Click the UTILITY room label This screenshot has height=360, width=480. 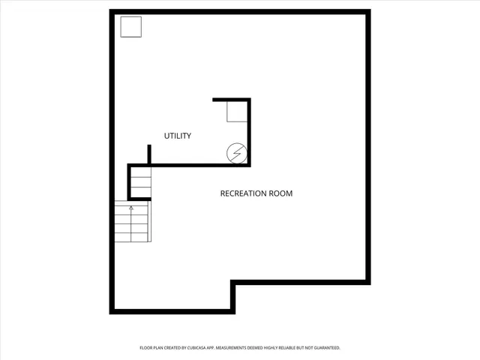point(178,136)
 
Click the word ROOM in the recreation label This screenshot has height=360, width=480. point(282,193)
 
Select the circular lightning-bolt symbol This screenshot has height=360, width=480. point(236,153)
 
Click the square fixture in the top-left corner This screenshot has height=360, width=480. point(131,26)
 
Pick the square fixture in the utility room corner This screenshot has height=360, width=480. point(237,112)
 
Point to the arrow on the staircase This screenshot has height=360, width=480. point(132,208)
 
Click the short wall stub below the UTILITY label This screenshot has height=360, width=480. point(149,154)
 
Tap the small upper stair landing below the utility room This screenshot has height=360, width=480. point(140,182)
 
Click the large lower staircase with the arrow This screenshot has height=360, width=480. point(132,222)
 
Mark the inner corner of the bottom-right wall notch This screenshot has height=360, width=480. point(233,283)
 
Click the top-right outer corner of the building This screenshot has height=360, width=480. point(368,12)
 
